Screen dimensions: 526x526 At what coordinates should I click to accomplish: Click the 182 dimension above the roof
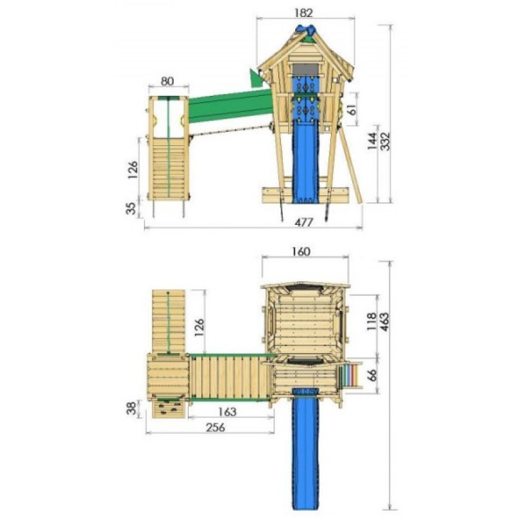pyautogui.click(x=304, y=12)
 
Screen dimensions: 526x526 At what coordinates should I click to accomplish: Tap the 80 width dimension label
pyautogui.click(x=168, y=81)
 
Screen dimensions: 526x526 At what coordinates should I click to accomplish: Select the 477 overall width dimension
pyautogui.click(x=304, y=222)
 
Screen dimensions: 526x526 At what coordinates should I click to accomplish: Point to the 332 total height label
pyautogui.click(x=386, y=141)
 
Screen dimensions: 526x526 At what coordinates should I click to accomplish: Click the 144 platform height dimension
pyautogui.click(x=373, y=141)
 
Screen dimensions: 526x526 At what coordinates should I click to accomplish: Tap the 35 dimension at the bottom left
pyautogui.click(x=131, y=208)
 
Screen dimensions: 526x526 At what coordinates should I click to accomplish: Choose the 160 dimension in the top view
pyautogui.click(x=300, y=252)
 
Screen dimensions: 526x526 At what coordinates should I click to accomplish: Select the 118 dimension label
pyautogui.click(x=371, y=322)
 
